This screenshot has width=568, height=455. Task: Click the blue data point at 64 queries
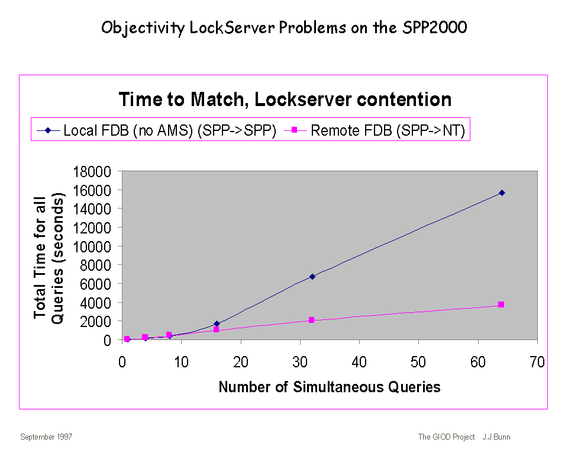[x=502, y=193]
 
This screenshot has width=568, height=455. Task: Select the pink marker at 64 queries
[x=501, y=305]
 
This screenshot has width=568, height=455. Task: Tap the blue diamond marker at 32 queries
[x=312, y=277]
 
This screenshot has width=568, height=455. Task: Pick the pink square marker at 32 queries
[x=311, y=320]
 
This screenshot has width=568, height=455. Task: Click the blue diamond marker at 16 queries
[x=217, y=323]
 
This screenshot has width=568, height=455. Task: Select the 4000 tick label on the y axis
[x=95, y=303]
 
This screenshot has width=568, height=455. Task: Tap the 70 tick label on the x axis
[x=537, y=363]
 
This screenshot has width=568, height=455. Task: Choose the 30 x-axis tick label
[x=300, y=363]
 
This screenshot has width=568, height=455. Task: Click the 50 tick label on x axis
[x=418, y=363]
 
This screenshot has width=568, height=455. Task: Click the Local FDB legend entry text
[x=170, y=130]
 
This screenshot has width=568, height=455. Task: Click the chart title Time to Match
[x=285, y=100]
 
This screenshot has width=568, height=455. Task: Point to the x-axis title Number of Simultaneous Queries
[x=330, y=387]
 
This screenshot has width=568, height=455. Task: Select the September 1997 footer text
[x=46, y=437]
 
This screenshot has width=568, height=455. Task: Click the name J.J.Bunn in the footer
[x=496, y=437]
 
